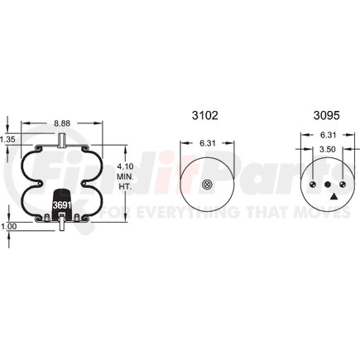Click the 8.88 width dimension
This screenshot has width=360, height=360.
click(x=62, y=123)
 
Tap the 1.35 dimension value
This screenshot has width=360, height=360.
click(x=7, y=140)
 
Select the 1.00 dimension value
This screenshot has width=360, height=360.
click(x=8, y=227)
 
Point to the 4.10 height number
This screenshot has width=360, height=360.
click(x=126, y=166)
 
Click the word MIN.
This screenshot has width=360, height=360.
click(x=126, y=176)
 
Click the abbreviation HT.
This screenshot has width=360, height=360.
click(x=126, y=186)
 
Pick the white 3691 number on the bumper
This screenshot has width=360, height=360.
click(x=62, y=205)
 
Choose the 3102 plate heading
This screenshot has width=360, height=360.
click(x=205, y=115)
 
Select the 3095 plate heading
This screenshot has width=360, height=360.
click(x=327, y=115)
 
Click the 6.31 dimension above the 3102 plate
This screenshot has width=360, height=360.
click(x=207, y=143)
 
